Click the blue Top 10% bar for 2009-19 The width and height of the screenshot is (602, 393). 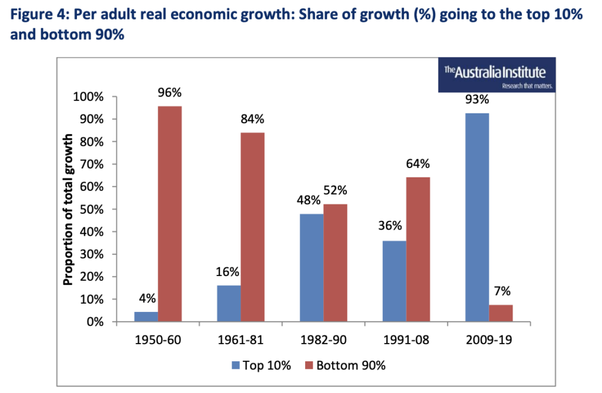coord(477,217)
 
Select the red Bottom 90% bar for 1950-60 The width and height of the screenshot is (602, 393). coord(170,214)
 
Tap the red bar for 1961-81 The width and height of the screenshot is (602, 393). coord(252,227)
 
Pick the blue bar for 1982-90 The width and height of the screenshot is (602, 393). coord(311,268)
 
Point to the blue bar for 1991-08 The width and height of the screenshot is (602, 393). coord(394,281)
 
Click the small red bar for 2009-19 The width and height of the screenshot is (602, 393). coord(501,313)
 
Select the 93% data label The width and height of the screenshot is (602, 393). coord(477,100)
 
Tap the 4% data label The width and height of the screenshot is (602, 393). coord(146,298)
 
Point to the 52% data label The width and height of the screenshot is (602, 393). coord(335,190)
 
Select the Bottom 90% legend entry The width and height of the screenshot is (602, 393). coord(345,365)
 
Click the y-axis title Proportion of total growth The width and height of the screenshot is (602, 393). coord(68,210)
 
